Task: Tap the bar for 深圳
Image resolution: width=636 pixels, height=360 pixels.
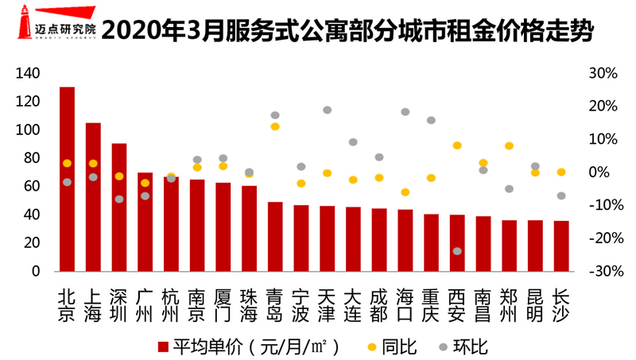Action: tap(119, 207)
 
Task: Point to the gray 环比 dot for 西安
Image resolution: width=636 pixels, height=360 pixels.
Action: tap(457, 251)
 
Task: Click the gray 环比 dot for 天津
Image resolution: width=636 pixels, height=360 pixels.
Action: tap(327, 110)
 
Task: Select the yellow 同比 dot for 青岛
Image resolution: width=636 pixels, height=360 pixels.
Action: tap(275, 126)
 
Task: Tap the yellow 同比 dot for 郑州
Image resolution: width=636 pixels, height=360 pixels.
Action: tap(509, 146)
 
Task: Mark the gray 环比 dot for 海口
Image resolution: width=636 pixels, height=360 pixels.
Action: tap(405, 112)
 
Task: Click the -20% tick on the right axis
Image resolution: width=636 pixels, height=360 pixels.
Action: tap(603, 238)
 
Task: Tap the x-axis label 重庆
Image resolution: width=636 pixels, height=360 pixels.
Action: tap(431, 304)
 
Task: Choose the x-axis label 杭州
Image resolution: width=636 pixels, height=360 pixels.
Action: tap(171, 304)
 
